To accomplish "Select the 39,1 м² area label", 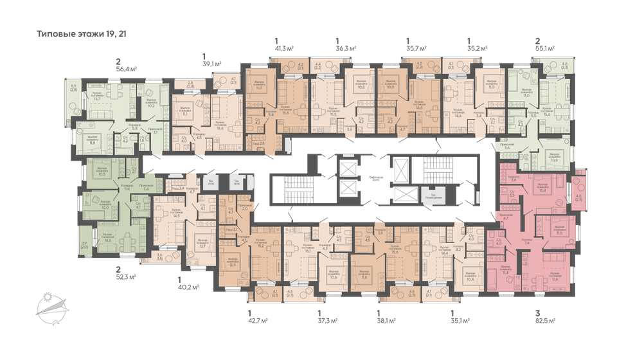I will (211, 64).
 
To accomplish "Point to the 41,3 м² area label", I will (285, 48).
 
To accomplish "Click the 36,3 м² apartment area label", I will (346, 48).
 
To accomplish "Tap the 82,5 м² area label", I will (545, 319).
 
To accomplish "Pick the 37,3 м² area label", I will (328, 319).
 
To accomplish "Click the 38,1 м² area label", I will (386, 319).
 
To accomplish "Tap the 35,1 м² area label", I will (460, 319).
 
